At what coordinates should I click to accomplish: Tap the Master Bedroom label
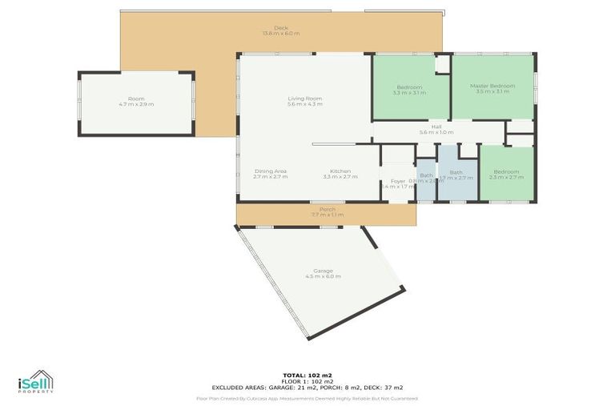[492, 86]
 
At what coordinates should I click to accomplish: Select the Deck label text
[280, 27]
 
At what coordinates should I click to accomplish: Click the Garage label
[323, 271]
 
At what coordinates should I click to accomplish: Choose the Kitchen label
[340, 171]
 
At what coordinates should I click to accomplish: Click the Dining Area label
[270, 171]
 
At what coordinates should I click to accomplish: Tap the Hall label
[436, 127]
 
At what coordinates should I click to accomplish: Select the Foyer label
[398, 181]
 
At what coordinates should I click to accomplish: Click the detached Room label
[135, 98]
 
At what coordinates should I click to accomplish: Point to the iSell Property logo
[35, 382]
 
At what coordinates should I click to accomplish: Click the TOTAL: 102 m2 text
[307, 375]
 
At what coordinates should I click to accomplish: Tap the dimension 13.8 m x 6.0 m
[280, 34]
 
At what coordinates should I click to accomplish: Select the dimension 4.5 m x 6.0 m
[323, 276]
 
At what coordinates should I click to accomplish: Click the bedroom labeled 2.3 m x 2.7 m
[506, 174]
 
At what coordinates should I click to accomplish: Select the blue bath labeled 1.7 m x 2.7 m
[456, 175]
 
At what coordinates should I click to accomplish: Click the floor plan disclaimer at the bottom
[307, 398]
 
